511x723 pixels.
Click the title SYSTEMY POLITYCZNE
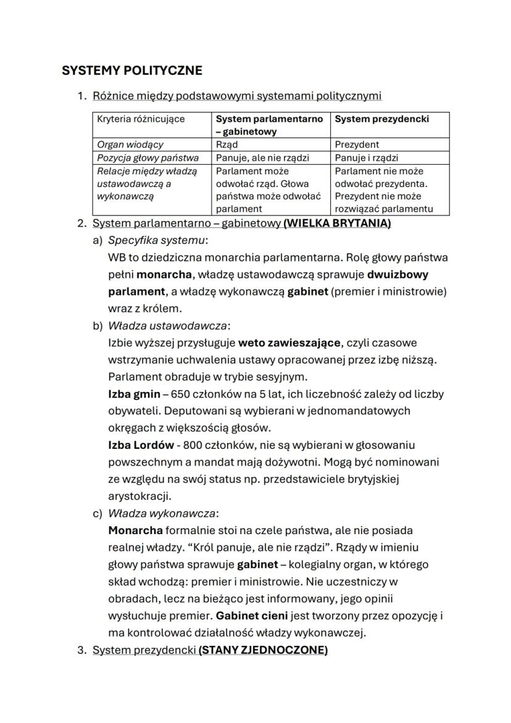(131, 70)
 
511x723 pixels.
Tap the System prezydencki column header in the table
(381, 119)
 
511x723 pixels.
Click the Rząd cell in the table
(226, 144)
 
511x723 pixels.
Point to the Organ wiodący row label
(130, 144)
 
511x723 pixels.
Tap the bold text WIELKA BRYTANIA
(337, 223)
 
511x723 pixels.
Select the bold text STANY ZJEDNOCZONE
(263, 650)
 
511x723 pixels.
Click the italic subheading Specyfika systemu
(157, 240)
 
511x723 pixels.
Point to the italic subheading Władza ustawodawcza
(167, 325)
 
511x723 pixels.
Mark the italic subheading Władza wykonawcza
(163, 513)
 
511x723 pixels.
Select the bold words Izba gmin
(134, 393)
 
